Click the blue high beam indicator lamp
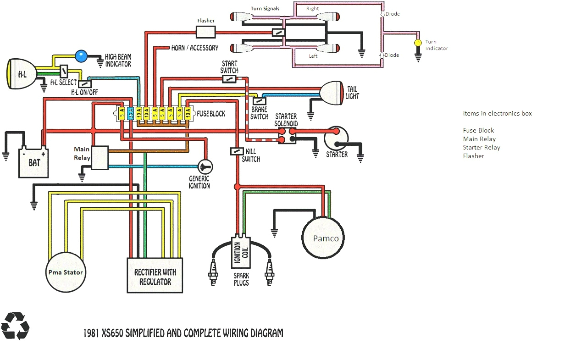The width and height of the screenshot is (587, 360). click(x=81, y=56)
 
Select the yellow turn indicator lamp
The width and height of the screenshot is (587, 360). click(x=418, y=43)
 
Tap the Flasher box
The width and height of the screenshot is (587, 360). click(x=205, y=31)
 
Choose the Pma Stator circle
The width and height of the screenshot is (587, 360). click(x=66, y=272)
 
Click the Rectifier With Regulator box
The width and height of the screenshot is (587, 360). click(x=155, y=275)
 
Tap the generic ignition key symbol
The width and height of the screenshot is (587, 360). click(x=205, y=166)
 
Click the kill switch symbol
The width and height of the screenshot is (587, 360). click(x=237, y=151)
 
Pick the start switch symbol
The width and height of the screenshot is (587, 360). click(x=229, y=79)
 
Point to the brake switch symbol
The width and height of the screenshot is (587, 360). click(x=260, y=101)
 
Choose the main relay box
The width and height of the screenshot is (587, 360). click(x=100, y=158)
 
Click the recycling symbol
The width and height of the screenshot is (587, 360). click(x=15, y=326)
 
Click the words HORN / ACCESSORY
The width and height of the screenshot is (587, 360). click(x=195, y=48)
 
